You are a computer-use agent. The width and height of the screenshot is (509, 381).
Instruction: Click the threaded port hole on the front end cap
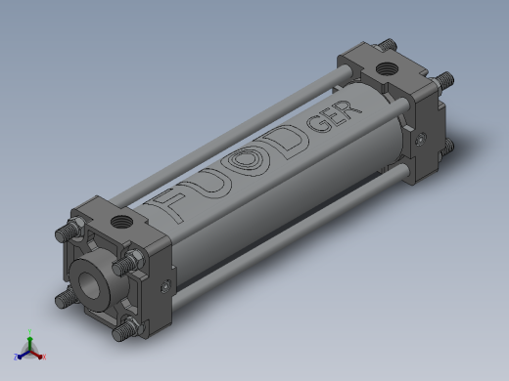click(x=121, y=223)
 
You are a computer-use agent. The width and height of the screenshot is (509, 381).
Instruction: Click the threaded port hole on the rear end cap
click(x=387, y=68)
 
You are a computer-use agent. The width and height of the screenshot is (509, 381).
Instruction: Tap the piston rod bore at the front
click(x=89, y=285)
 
